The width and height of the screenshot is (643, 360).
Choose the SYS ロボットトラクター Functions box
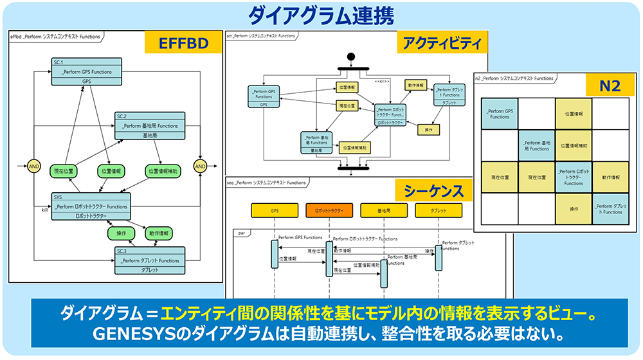(91, 206)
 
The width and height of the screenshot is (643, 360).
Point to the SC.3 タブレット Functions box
(150, 260)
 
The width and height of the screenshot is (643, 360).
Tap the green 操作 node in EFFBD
(121, 232)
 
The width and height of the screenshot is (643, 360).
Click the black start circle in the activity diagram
(351, 57)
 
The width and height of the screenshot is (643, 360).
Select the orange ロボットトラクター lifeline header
(330, 210)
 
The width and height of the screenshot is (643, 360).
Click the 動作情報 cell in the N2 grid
(610, 177)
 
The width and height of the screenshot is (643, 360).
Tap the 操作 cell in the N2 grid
(574, 208)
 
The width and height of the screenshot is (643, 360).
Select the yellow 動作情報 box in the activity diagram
(415, 85)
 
